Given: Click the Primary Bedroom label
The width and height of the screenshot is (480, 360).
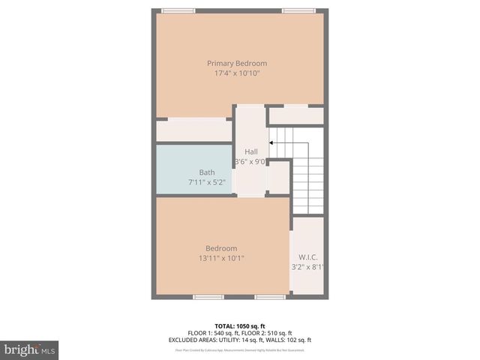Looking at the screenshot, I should (237, 64).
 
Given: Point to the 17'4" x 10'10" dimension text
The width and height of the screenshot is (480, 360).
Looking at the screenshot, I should (237, 73).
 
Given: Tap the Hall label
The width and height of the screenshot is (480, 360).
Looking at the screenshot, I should (250, 152).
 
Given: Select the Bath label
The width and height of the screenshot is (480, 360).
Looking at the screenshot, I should (206, 172).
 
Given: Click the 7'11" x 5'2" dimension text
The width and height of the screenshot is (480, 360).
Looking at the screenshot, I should (206, 182).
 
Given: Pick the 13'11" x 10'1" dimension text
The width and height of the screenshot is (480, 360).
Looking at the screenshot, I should (221, 258).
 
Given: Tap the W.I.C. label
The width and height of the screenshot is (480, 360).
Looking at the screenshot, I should (307, 256).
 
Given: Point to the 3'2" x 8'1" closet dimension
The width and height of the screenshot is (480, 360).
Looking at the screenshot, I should (308, 266).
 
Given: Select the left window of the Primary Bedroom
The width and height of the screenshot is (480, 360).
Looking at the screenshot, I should (178, 10).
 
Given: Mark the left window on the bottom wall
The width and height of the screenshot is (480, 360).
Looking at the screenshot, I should (208, 297).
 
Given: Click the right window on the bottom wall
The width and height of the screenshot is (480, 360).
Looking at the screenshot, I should (269, 297).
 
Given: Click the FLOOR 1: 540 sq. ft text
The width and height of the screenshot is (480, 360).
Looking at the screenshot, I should (213, 333).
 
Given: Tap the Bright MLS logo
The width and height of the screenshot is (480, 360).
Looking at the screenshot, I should (29, 350).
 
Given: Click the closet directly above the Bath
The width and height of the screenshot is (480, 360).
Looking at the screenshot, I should (193, 130).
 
